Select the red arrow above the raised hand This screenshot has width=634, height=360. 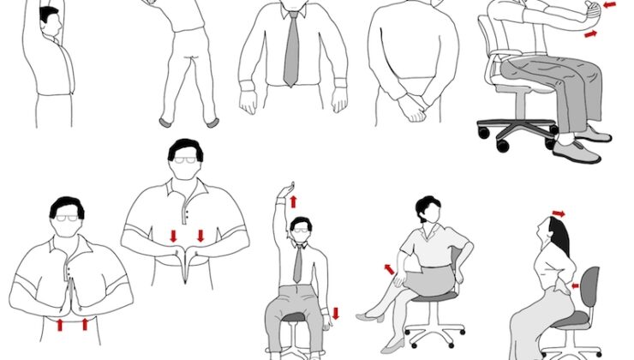pyautogui.click(x=292, y=201)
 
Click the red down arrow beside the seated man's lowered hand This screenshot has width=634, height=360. pyautogui.click(x=337, y=313)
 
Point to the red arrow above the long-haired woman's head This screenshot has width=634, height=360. pyautogui.click(x=559, y=213)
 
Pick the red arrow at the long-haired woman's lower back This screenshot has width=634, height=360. pyautogui.click(x=575, y=285)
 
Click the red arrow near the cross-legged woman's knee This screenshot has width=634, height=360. pyautogui.click(x=390, y=269)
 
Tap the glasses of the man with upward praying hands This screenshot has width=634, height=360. pyautogui.click(x=66, y=219)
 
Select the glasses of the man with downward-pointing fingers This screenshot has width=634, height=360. pyautogui.click(x=185, y=160)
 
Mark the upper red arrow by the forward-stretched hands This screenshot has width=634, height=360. pyautogui.click(x=610, y=5)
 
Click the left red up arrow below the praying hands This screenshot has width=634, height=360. pyautogui.click(x=60, y=324)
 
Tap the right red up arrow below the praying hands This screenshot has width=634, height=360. pyautogui.click(x=85, y=324)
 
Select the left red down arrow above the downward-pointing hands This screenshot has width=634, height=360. pyautogui.click(x=174, y=235)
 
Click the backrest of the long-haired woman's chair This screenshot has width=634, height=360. pyautogui.click(x=589, y=288)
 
